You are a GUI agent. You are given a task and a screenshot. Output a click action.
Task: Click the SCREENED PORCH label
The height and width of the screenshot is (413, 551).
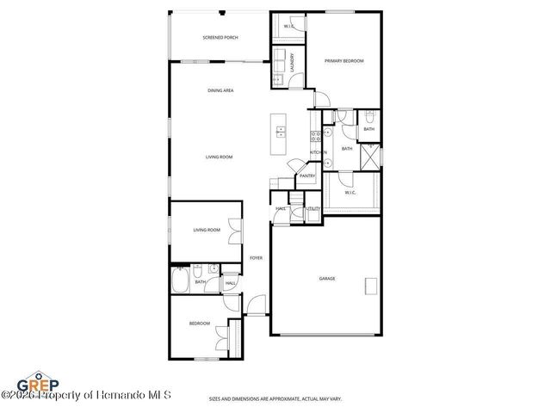pos(220,38)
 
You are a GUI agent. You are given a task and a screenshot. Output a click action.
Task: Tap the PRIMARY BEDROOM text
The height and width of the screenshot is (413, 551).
pos(344,61)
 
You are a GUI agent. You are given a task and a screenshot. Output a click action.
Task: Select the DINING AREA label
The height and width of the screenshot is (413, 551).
pos(220,90)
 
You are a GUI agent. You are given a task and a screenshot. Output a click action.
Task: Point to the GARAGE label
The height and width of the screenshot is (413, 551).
pos(327,279)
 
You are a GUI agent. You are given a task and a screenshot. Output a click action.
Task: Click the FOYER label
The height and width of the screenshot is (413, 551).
pos(256,258)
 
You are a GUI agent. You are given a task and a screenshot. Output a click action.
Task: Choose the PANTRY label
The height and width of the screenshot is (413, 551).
pos(307,176)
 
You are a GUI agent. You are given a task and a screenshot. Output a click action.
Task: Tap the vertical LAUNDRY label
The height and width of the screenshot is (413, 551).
pos(293,63)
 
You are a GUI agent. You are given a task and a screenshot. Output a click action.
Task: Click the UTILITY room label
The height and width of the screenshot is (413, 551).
pos(313,209)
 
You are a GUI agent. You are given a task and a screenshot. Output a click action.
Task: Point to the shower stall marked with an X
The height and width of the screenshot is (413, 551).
pos(371,155)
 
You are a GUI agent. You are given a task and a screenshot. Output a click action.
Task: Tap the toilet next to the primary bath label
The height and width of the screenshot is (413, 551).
pos(368,118)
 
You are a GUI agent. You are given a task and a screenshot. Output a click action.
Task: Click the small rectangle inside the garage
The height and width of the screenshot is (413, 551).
pos(371,286)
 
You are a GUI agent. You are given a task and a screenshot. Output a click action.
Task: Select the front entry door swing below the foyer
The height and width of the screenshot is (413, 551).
pos(256,305)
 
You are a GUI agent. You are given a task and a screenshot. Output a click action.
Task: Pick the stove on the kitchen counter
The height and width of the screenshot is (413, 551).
pos(316,135)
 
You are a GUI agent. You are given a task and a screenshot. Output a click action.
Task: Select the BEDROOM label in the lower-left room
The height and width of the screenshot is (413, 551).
pos(200,324)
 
